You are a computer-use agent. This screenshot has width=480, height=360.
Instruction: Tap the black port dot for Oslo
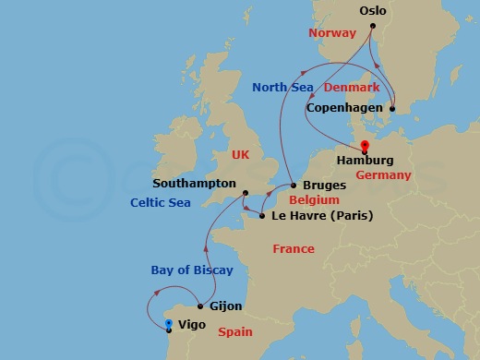pyautogui.click(x=372, y=26)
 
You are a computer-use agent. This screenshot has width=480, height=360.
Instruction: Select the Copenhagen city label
pyautogui.click(x=344, y=109)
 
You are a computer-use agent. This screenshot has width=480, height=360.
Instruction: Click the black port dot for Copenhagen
pyautogui.click(x=391, y=109)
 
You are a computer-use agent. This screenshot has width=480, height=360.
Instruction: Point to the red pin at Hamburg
pyautogui.click(x=365, y=146)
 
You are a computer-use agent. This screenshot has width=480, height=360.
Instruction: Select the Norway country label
pyautogui.click(x=331, y=33)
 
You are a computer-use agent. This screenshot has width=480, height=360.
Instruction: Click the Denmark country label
pyautogui.click(x=352, y=88)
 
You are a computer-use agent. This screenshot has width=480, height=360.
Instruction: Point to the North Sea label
pyautogui.click(x=284, y=88)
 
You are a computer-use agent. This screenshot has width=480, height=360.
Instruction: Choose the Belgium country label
pyautogui.click(x=314, y=199)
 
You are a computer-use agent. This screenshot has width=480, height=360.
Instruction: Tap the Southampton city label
pyautogui.click(x=194, y=184)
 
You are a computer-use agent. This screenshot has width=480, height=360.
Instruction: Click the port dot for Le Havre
pyautogui.click(x=263, y=217)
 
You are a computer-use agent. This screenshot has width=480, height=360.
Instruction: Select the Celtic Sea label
pyautogui.click(x=161, y=202)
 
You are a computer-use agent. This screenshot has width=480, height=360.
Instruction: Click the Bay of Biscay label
pyautogui.click(x=192, y=270)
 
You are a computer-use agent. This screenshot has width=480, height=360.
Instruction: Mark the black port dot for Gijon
pyautogui.click(x=200, y=306)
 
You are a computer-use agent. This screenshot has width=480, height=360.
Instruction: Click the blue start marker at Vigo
pyautogui.click(x=168, y=324)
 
